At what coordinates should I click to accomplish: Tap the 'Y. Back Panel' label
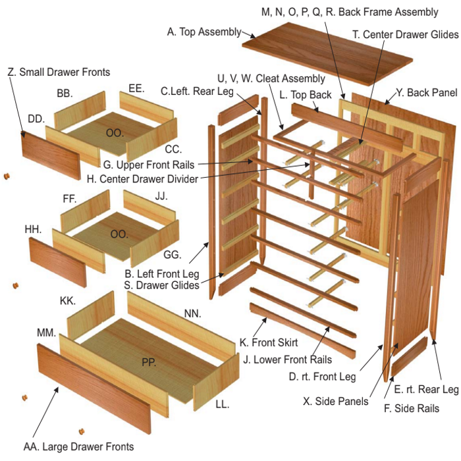pos(426,92)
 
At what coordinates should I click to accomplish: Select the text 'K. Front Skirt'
pos(269,342)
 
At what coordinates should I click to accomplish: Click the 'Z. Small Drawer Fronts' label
pos(59,71)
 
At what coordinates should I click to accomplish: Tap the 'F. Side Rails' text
pos(412,408)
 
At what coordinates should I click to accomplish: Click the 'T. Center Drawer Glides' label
pos(406,34)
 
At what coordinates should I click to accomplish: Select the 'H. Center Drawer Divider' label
pos(142,178)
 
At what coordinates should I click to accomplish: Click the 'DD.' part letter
pos(36,118)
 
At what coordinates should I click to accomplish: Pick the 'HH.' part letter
pos(33,230)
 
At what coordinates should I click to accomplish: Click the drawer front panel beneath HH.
pos(58,261)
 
